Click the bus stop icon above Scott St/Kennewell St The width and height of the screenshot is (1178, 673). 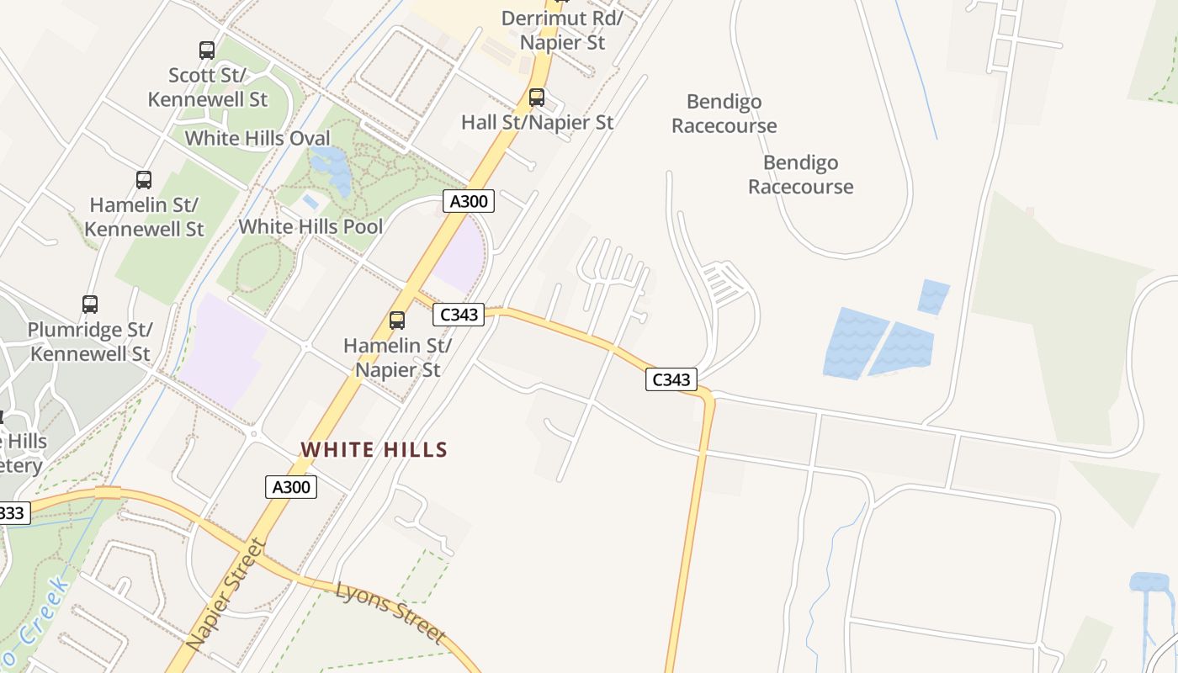click(207, 50)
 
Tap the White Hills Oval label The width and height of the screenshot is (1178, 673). click(257, 138)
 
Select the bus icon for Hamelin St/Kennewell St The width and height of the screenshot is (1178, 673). click(144, 180)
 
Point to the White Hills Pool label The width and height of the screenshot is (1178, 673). click(310, 226)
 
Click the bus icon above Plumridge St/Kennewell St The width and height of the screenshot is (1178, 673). click(90, 305)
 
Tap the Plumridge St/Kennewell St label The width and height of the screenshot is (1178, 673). click(90, 341)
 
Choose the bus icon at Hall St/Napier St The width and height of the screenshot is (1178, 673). click(537, 98)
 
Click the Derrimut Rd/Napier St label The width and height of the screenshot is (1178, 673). click(562, 30)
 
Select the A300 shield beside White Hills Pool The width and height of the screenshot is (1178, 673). click(469, 201)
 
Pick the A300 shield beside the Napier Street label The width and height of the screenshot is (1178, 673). click(291, 486)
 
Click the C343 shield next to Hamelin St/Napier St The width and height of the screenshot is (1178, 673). click(459, 315)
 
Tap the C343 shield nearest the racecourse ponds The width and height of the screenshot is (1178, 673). click(671, 379)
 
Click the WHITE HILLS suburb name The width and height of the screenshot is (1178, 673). click(374, 450)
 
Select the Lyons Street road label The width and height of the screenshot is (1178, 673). click(390, 612)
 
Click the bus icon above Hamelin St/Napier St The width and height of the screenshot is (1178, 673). click(397, 321)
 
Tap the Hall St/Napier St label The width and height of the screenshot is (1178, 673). click(537, 122)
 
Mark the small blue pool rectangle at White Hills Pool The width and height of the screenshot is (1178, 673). click(310, 202)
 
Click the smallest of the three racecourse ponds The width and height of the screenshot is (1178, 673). click(933, 297)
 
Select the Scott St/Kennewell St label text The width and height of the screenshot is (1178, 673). click(207, 87)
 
